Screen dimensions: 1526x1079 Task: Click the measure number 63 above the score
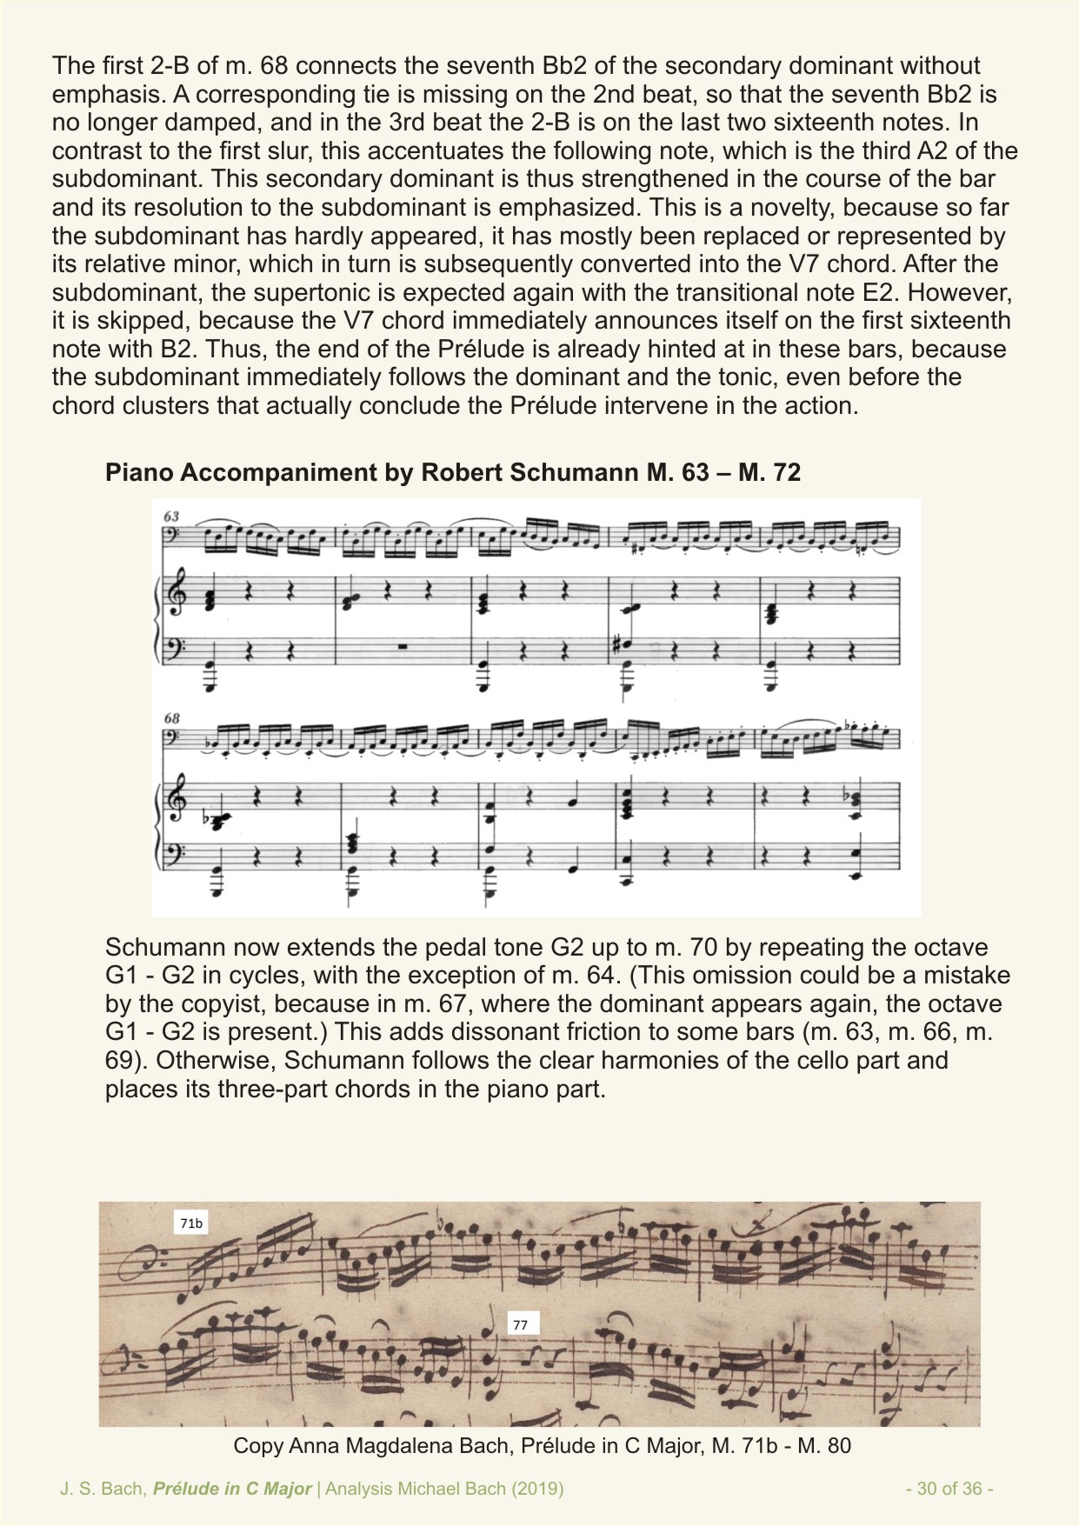coord(171,516)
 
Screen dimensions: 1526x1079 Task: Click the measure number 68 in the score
coord(171,718)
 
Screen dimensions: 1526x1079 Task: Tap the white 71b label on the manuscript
coord(191,1223)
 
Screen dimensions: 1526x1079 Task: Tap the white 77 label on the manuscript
coord(520,1325)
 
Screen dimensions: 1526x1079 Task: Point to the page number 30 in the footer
coord(928,1489)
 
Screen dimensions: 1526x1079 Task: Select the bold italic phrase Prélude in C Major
coord(232,1489)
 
